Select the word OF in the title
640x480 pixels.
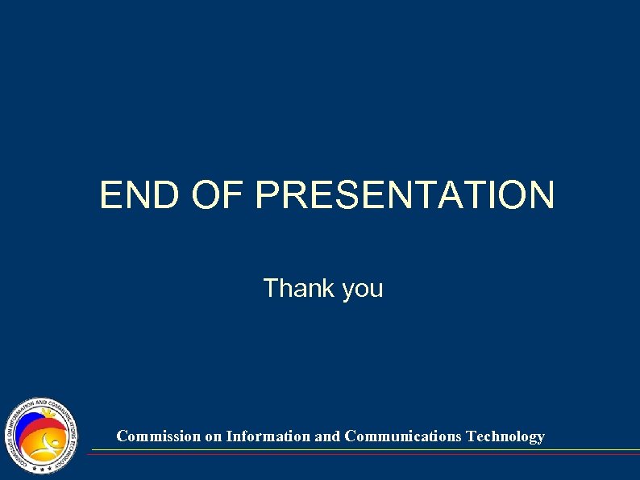218,195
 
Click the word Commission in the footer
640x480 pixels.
158,436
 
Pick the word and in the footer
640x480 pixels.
327,436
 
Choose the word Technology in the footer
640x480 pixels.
505,436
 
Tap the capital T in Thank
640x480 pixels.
270,288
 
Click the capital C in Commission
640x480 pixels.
122,436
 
